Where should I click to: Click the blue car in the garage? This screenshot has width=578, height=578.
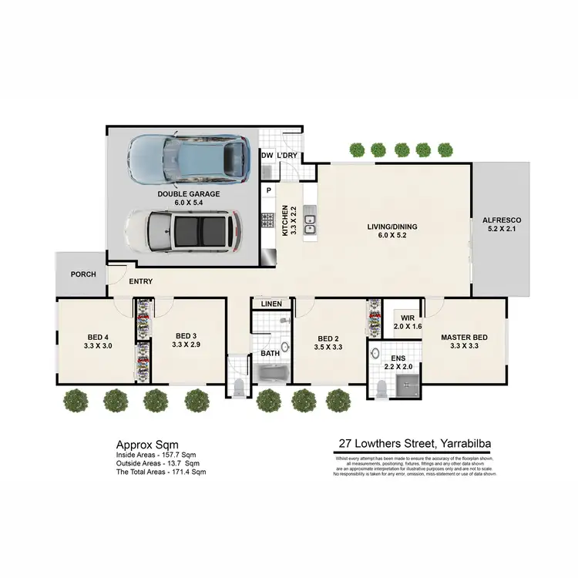point(190,159)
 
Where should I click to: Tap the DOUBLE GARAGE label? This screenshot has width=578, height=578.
point(189,193)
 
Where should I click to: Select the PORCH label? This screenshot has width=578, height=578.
point(82,274)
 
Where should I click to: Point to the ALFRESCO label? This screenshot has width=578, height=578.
point(501,220)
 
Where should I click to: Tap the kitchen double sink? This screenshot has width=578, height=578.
point(310,223)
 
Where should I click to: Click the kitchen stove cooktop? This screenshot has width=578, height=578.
point(268,220)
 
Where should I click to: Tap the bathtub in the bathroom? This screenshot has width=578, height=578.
point(271,375)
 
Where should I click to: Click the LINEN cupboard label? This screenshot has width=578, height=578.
point(272,304)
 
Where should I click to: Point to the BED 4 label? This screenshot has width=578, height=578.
point(97,336)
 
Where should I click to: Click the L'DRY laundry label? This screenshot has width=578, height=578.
point(287,156)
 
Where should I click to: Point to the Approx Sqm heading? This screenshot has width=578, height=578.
point(147,445)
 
